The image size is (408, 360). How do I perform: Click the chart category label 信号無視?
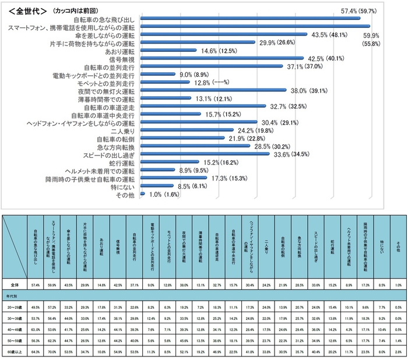click(123, 59)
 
